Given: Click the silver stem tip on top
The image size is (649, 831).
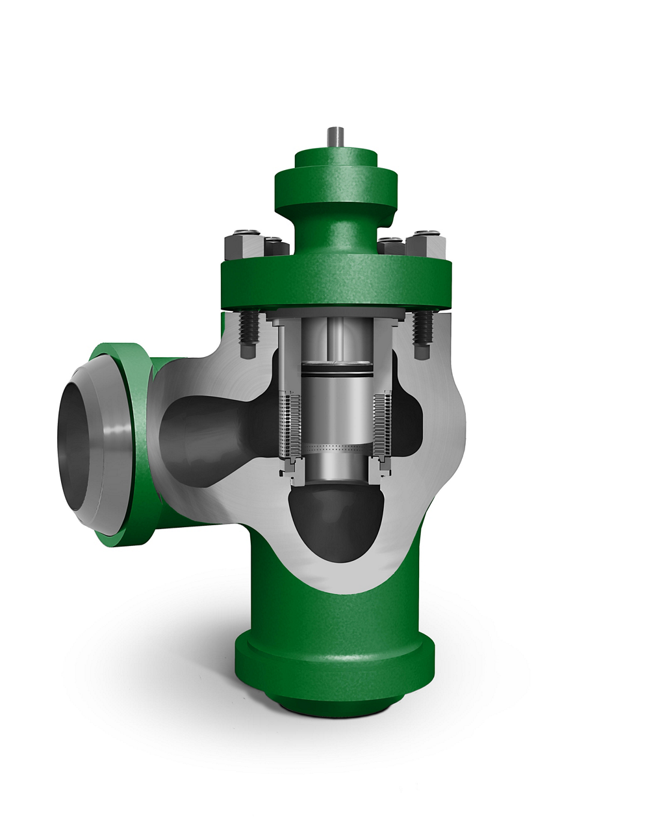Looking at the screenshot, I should [x=335, y=137].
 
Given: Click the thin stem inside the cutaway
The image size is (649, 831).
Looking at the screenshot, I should [x=336, y=338].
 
